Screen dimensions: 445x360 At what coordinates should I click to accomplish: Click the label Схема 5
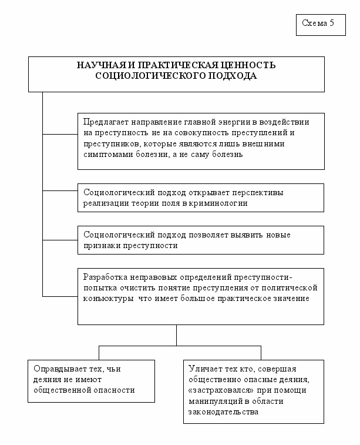pyautogui.click(x=318, y=24)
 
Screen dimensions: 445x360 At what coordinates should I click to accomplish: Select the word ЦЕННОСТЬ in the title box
pyautogui.click(x=245, y=65)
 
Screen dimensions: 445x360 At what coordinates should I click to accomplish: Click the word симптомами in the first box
pyautogui.click(x=107, y=155)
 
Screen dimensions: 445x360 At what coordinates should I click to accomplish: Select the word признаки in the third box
pyautogui.click(x=101, y=246)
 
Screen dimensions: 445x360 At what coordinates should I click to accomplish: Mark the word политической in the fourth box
pyautogui.click(x=290, y=287)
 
